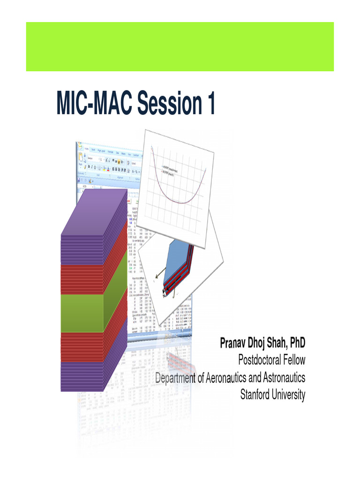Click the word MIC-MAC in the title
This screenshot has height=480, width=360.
[94, 104]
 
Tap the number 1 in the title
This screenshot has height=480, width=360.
[209, 104]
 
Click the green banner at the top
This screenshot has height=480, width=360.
[180, 46]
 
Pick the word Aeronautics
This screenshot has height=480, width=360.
[229, 377]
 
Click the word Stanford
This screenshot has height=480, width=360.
[257, 395]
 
